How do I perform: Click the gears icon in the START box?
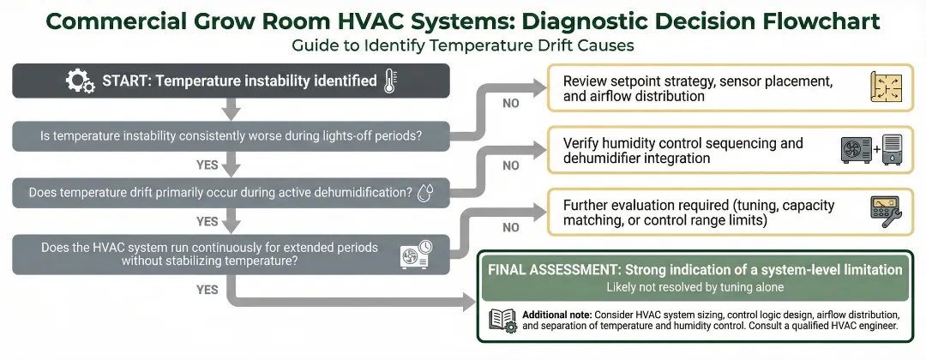(x=80, y=81)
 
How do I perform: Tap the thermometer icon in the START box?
(x=391, y=81)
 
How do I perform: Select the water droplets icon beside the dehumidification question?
(x=425, y=193)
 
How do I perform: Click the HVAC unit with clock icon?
(x=417, y=255)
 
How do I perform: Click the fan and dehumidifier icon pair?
(x=871, y=150)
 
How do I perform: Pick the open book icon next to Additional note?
(x=502, y=319)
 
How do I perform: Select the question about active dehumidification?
(x=219, y=193)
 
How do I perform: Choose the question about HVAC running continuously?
(x=210, y=254)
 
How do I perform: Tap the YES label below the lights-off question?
(x=207, y=164)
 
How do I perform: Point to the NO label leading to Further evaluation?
(x=510, y=228)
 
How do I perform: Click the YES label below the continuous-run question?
(x=207, y=290)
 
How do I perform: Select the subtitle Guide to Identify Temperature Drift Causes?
(x=463, y=44)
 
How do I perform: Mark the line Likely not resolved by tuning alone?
(x=694, y=286)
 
